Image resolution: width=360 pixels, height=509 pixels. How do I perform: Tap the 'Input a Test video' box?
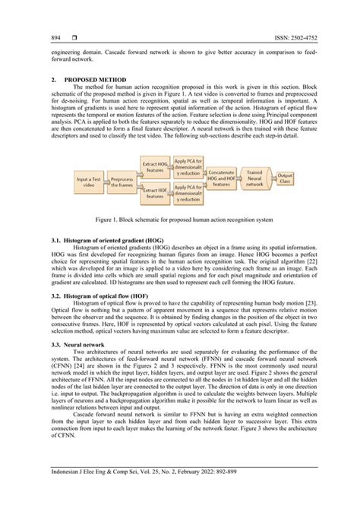(90, 181)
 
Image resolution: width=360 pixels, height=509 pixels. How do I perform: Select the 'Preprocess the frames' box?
(125, 182)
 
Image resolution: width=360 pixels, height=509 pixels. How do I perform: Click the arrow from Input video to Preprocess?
(109, 182)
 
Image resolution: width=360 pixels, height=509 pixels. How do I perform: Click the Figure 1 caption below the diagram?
(180, 220)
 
